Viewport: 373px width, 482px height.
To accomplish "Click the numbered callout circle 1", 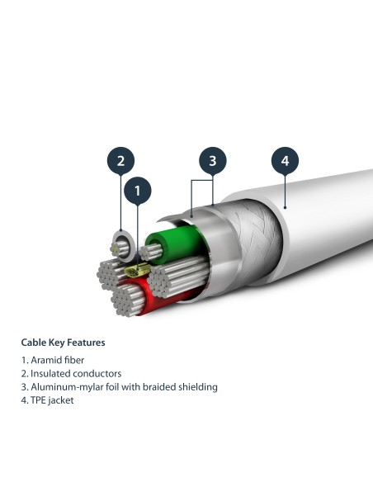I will click(138, 191).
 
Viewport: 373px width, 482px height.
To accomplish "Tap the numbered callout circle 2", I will click(120, 160).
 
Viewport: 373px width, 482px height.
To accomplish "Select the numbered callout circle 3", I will click(212, 160).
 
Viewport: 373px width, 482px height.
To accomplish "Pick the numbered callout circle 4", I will click(285, 160).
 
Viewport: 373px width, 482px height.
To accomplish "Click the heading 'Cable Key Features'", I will click(63, 342).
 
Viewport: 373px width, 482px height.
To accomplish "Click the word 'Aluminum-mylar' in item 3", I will click(65, 386).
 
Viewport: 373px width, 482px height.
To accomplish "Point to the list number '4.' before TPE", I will click(25, 399).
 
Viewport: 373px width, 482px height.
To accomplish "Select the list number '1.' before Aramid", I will click(25, 361).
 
